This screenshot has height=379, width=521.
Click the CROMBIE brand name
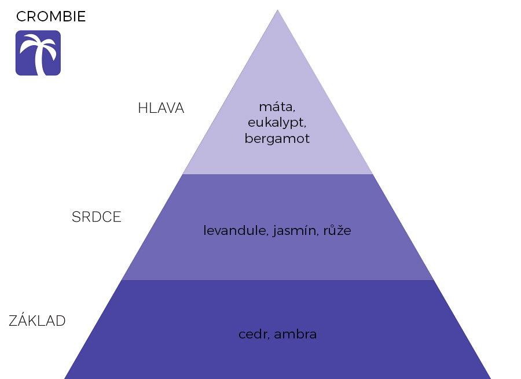pos(51,17)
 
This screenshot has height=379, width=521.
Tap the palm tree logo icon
pos(38,53)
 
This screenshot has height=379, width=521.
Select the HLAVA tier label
pos(161,108)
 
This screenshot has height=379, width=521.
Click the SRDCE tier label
pos(97,217)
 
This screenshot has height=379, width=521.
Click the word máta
pos(277,106)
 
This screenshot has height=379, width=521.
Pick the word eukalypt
pos(277,123)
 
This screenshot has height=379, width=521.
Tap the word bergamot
pos(277,138)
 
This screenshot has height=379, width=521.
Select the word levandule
pos(236,230)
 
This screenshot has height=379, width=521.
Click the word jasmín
pos(295,230)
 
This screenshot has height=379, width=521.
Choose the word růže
pos(337,230)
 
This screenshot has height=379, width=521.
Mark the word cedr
pos(254,334)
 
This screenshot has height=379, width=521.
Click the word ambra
pos(295,334)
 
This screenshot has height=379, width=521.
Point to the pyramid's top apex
pos(278,10)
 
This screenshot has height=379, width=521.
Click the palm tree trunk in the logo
pos(40,60)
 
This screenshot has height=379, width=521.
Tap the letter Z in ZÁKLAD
pos(13,321)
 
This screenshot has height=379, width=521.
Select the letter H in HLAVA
pos(142,108)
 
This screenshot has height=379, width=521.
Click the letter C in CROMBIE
pos(21,17)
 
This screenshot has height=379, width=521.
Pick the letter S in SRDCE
pos(77,217)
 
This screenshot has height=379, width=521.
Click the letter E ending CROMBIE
pos(82,17)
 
